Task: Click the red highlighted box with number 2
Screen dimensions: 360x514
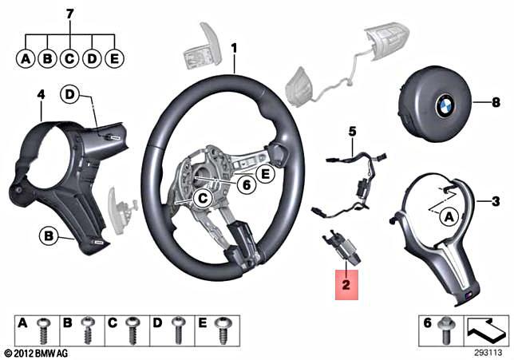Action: pyautogui.click(x=346, y=283)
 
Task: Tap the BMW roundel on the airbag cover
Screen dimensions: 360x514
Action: pyautogui.click(x=442, y=104)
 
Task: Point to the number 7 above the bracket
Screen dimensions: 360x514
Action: pyautogui.click(x=70, y=14)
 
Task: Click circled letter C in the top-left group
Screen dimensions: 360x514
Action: pyautogui.click(x=70, y=58)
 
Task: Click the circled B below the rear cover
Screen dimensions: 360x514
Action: pyautogui.click(x=49, y=235)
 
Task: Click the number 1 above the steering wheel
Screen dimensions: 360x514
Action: pyautogui.click(x=234, y=48)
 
